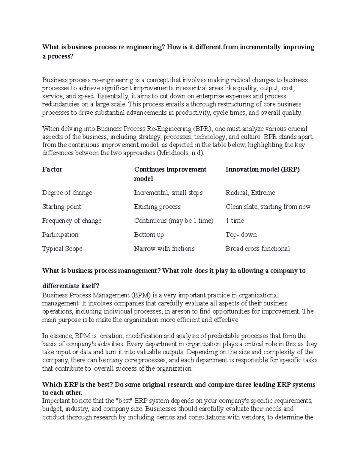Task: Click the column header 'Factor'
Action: point(52,170)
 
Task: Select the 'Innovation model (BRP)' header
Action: point(262,170)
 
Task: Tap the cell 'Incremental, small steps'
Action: point(168,193)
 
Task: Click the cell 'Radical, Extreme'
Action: point(250,193)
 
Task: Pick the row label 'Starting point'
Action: point(61,207)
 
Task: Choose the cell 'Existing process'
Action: point(157,207)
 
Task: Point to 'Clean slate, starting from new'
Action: point(268,207)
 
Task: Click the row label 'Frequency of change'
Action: point(72,221)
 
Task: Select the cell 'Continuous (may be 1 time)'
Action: point(173,221)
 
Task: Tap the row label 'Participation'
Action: point(60,235)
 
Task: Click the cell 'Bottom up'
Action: point(149,235)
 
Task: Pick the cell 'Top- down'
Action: point(241,235)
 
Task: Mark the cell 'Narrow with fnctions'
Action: point(164,249)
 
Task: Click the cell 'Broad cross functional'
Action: point(257,249)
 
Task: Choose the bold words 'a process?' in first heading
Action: point(58,57)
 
